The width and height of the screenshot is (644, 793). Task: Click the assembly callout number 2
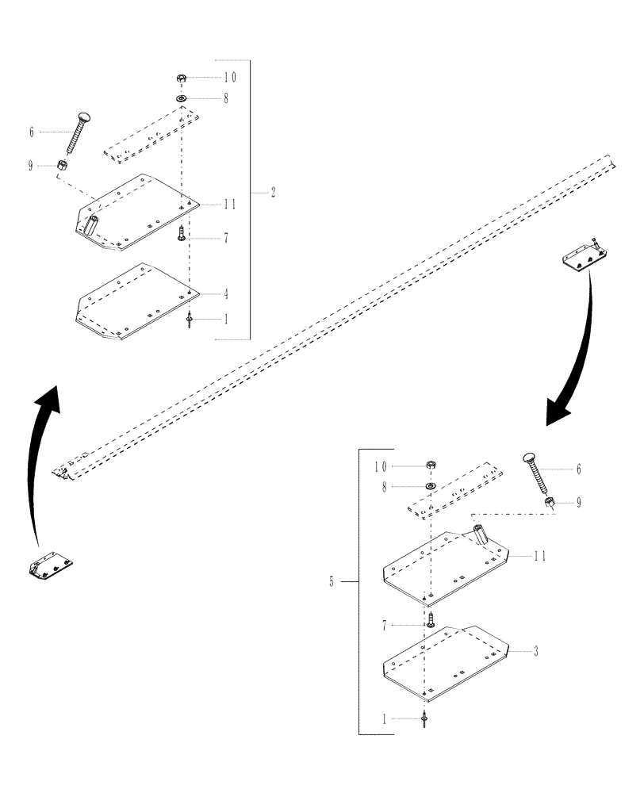pos(273,193)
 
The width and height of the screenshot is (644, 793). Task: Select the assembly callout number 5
pos(331,582)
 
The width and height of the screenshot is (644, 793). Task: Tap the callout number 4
pos(226,294)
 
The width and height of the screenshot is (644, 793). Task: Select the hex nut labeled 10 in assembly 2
pos(181,79)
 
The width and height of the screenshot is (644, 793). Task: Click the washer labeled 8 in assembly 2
pos(182,98)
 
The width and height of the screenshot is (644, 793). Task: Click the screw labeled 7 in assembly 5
pos(431,620)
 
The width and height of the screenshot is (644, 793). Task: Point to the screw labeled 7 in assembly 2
pos(182,232)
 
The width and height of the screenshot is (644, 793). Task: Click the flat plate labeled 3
pos(444,658)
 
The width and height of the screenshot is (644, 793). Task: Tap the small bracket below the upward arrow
pos(51,566)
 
